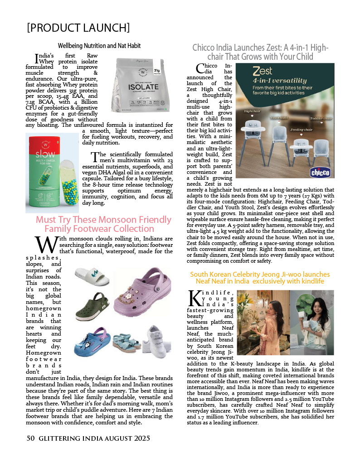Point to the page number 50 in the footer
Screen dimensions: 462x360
point(31,438)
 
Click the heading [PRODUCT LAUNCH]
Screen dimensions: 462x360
point(78,28)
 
